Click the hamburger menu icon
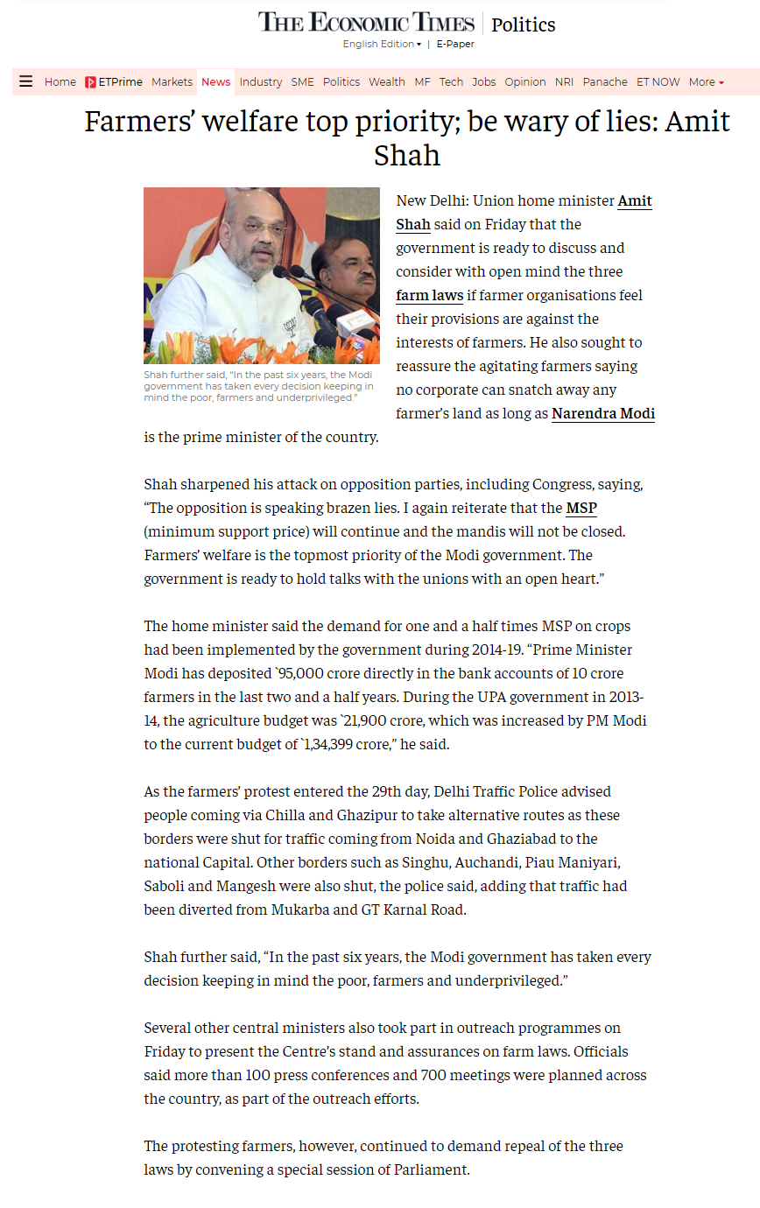tap(26, 81)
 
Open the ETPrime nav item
tap(114, 82)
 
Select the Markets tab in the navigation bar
tap(172, 82)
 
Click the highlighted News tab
tap(215, 82)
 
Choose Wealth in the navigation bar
tap(386, 82)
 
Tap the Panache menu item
tap(605, 82)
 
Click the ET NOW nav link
tap(658, 82)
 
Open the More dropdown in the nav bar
tap(706, 82)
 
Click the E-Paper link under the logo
tap(455, 44)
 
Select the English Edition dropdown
tap(382, 44)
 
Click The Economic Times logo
tap(366, 22)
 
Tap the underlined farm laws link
tap(429, 295)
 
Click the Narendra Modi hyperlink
tap(603, 413)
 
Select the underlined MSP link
tap(581, 508)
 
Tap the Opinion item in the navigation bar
tap(525, 82)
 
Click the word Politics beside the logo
tap(524, 25)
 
